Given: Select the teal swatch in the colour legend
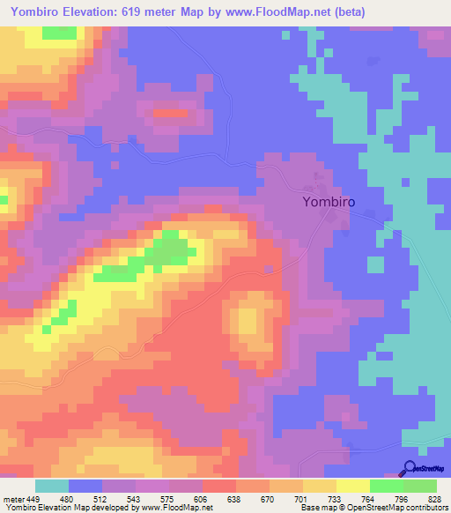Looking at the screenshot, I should point(52,487).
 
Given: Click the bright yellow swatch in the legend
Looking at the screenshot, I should point(353,487).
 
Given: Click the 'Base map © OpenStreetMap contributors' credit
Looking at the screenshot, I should point(373,507).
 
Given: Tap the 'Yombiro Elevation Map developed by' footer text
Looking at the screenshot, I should point(63,507).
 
